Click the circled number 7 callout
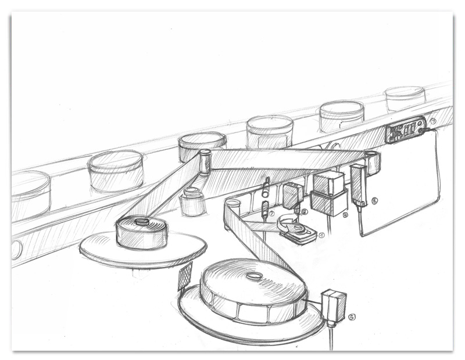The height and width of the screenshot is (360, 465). pos(432,121)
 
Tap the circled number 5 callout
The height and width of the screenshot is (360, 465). pos(352,316)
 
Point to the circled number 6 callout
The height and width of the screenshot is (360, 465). pos(374,201)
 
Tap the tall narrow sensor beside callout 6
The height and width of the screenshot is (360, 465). pos(357,184)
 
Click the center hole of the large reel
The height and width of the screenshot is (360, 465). pos(253,276)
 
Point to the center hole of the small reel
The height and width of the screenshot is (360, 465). pos(141,221)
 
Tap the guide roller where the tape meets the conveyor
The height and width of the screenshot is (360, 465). pos(205,161)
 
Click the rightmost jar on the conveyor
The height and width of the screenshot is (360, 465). pos(405,97)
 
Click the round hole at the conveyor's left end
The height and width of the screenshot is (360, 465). pos(16,250)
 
